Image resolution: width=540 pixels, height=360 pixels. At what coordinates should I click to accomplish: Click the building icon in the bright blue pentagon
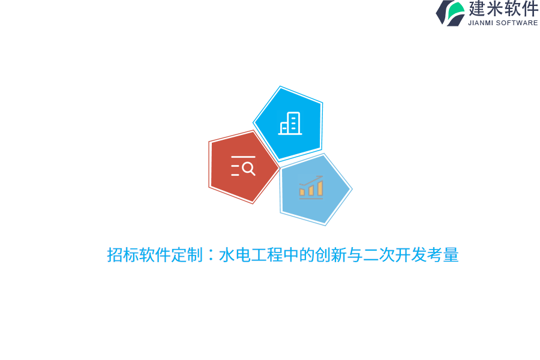pyautogui.click(x=290, y=124)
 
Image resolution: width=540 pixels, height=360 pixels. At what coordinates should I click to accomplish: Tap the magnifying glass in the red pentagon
pyautogui.click(x=248, y=169)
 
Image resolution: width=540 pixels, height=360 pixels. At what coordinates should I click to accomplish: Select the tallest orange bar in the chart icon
pyautogui.click(x=320, y=188)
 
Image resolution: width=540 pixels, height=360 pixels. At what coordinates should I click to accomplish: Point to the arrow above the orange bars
pyautogui.click(x=312, y=180)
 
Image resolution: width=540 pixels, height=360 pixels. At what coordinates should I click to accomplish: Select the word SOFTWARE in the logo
pyautogui.click(x=517, y=23)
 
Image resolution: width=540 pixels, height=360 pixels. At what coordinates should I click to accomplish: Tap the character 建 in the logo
pyautogui.click(x=477, y=9)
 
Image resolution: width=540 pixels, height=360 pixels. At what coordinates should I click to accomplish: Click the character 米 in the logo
pyautogui.click(x=495, y=9)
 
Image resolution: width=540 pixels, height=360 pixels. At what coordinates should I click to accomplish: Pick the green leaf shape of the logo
pyautogui.click(x=456, y=10)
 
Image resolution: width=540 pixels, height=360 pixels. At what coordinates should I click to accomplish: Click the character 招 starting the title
pyautogui.click(x=115, y=255)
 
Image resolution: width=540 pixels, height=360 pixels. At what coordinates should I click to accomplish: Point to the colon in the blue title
pyautogui.click(x=211, y=255)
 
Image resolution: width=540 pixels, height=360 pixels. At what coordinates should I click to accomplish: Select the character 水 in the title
pyautogui.click(x=227, y=255)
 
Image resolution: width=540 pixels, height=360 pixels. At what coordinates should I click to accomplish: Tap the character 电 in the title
pyautogui.click(x=243, y=255)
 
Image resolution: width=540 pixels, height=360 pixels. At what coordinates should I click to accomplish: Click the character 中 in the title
pyautogui.click(x=291, y=255)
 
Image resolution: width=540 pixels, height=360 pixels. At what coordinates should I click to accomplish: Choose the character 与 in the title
pyautogui.click(x=355, y=255)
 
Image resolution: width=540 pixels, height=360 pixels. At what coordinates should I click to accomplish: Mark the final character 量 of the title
pyautogui.click(x=451, y=255)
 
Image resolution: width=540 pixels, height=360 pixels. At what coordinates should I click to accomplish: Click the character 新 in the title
pyautogui.click(x=339, y=255)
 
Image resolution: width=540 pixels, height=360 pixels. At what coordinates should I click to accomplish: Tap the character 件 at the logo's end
pyautogui.click(x=530, y=9)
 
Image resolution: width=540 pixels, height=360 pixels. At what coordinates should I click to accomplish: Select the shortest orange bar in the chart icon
pyautogui.click(x=302, y=192)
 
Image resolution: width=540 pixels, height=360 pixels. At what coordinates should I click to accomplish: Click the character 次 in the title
pyautogui.click(x=387, y=255)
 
